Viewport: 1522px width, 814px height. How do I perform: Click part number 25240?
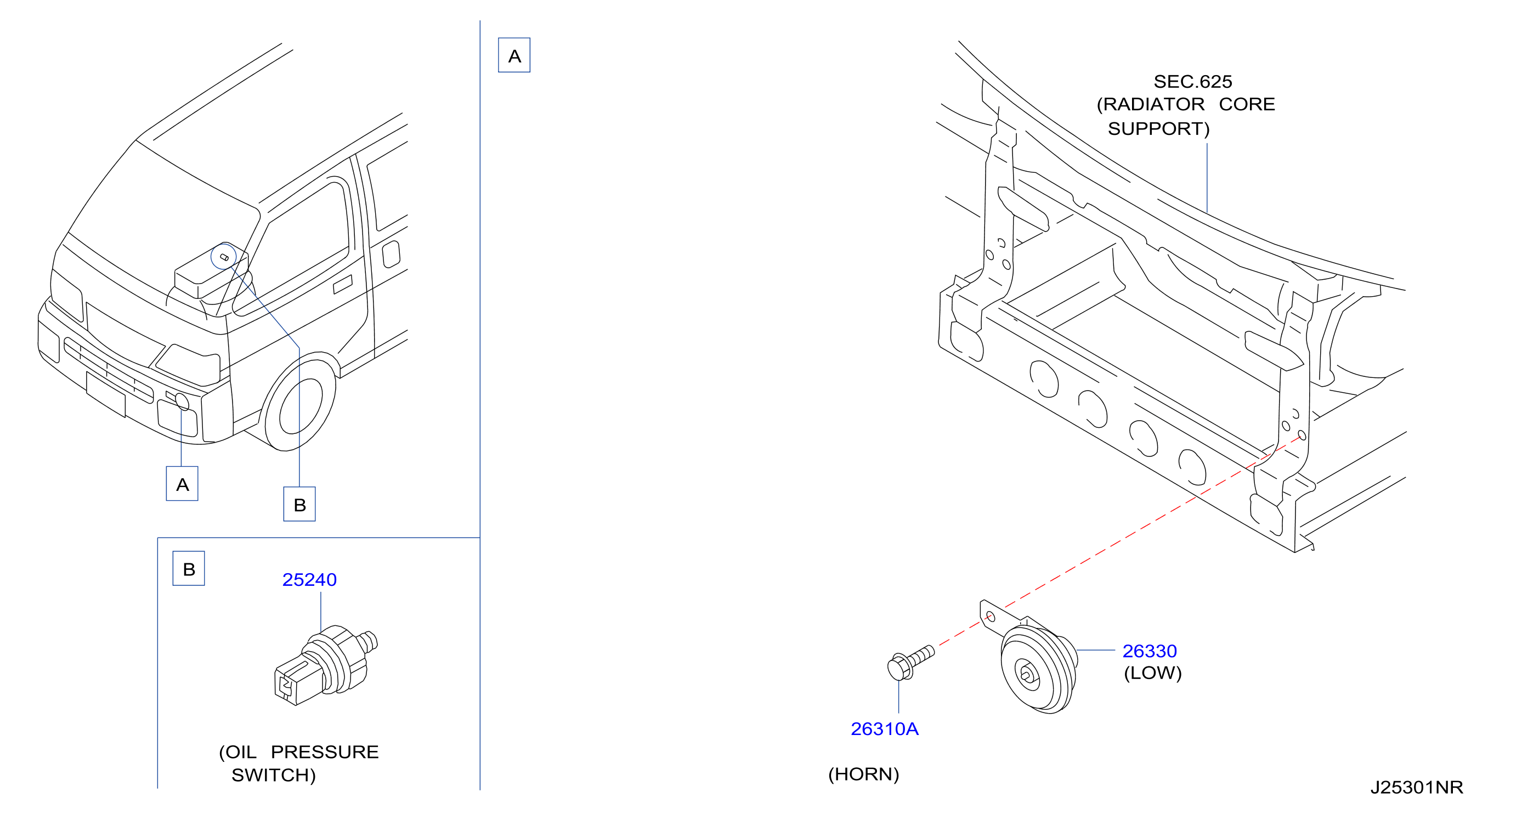click(x=309, y=579)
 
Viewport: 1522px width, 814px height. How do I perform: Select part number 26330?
click(x=1149, y=651)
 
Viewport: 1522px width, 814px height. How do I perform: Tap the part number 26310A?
click(x=885, y=728)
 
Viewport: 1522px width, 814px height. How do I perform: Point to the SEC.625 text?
click(x=1192, y=81)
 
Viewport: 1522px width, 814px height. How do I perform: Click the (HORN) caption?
click(x=863, y=774)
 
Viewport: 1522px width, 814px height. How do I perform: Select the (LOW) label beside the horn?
click(x=1152, y=673)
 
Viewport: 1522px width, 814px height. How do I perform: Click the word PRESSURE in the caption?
click(x=324, y=751)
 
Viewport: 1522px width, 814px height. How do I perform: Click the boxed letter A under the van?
click(x=182, y=484)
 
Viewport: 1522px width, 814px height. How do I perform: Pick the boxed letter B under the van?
click(x=299, y=504)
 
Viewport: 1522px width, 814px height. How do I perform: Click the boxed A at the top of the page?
click(x=514, y=55)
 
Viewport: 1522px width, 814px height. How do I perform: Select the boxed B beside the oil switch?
click(x=189, y=568)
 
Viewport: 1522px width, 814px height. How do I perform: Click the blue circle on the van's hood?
click(x=224, y=256)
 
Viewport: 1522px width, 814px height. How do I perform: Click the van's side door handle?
click(x=343, y=284)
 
